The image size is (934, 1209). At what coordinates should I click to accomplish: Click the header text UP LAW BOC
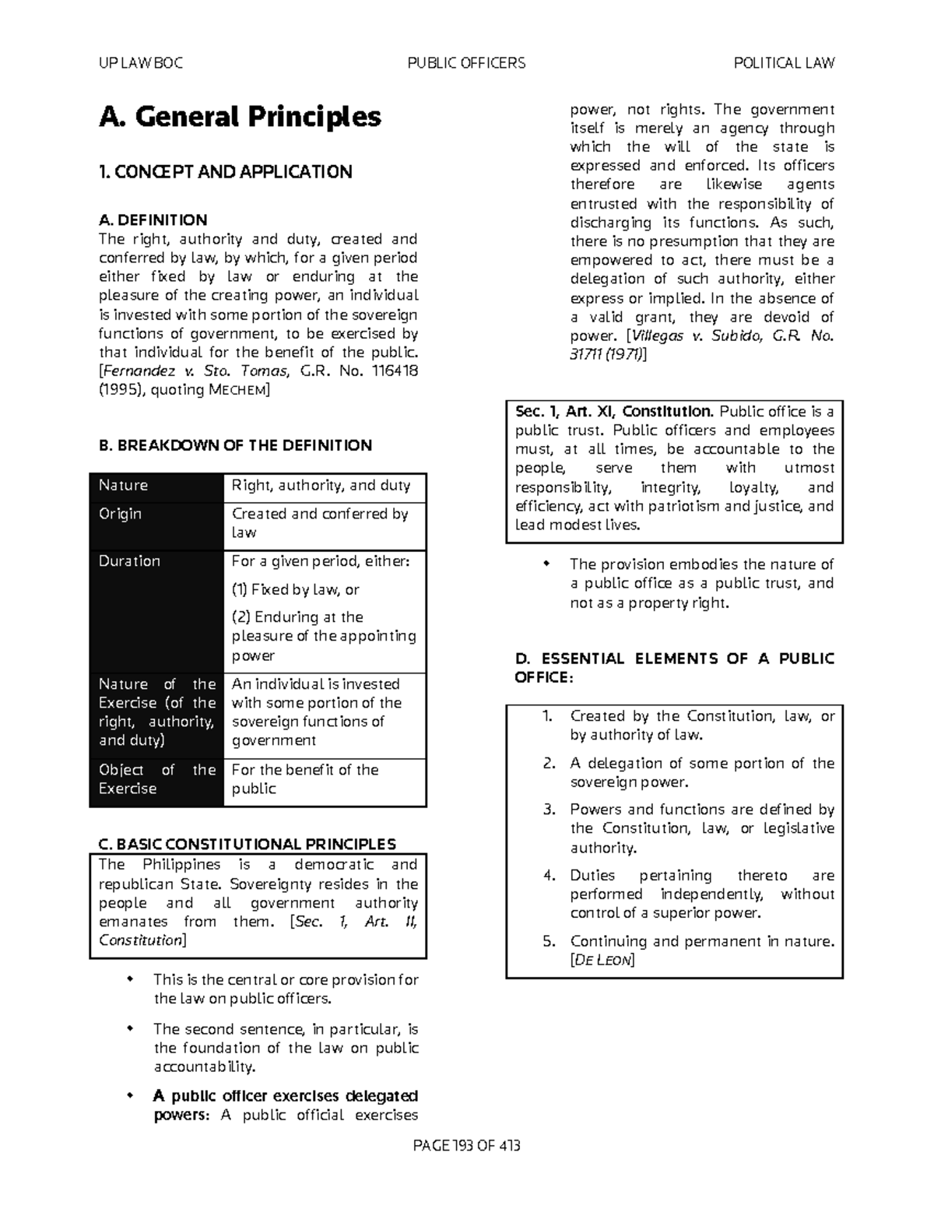click(141, 63)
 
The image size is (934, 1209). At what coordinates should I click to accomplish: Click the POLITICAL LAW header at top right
click(784, 63)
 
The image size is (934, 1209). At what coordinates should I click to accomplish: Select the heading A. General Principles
click(240, 117)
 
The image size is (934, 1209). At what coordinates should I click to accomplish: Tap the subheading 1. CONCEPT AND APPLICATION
click(226, 172)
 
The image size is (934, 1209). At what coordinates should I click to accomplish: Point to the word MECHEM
click(237, 391)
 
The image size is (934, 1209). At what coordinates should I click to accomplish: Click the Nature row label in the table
click(123, 486)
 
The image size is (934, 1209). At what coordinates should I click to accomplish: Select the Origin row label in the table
click(120, 515)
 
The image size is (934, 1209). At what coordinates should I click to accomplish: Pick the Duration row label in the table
click(129, 561)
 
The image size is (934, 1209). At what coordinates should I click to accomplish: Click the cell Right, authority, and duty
click(321, 486)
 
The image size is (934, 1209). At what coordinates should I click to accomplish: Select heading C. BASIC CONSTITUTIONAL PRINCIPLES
click(248, 845)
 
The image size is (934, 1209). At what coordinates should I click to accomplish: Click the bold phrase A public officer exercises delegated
click(286, 1096)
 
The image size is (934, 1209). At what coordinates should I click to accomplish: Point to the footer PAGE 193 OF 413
click(466, 1146)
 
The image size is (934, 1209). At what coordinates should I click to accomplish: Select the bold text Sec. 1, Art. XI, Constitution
click(613, 412)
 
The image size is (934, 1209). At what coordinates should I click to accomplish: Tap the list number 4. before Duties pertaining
click(550, 876)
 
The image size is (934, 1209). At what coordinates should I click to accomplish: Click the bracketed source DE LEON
click(602, 961)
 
